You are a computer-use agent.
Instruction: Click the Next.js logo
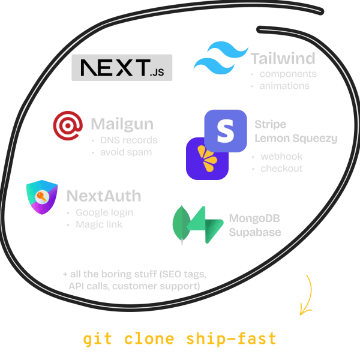(x=122, y=67)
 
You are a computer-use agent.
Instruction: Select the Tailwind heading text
(x=283, y=59)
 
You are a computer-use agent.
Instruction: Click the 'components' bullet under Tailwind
(x=288, y=74)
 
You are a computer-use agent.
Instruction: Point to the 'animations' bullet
(x=284, y=86)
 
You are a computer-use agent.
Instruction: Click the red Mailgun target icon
(x=68, y=127)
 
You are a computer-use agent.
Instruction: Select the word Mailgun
(x=122, y=124)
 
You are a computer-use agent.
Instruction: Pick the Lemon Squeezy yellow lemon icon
(x=207, y=159)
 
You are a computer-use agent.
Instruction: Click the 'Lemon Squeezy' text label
(x=296, y=139)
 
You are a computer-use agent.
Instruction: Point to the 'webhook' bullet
(x=281, y=157)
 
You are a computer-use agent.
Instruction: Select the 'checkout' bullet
(x=281, y=169)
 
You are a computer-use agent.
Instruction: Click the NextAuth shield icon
(x=42, y=199)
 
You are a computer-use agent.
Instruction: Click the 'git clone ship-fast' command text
(x=180, y=339)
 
